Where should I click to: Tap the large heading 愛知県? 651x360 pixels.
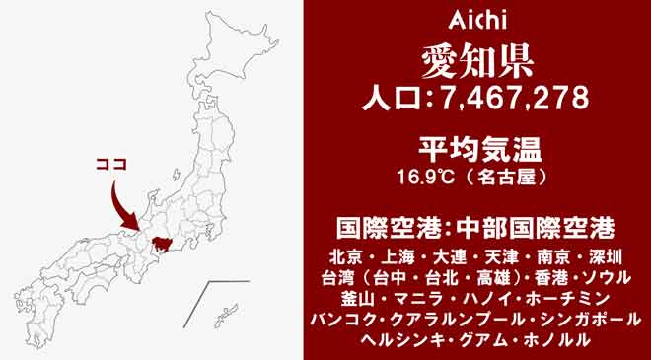475,59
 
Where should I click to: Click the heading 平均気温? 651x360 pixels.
475,151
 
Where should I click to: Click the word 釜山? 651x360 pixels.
353,298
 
